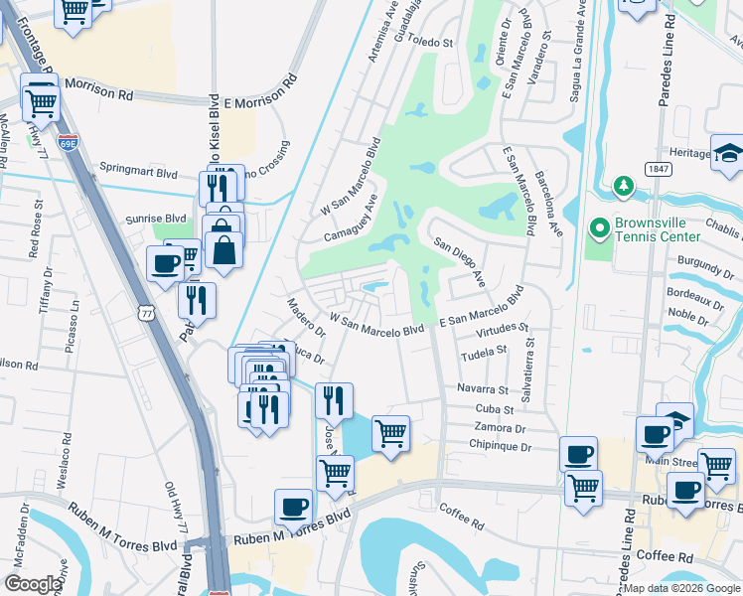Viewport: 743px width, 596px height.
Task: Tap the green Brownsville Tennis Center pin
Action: coord(599,228)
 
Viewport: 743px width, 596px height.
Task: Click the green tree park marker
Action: coord(624,186)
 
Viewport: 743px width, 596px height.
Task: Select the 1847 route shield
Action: coord(658,169)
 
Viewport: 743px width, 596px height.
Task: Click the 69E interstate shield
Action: coord(68,144)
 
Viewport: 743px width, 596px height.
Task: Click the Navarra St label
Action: coord(483,389)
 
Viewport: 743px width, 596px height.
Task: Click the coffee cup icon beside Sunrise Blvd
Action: coord(164,264)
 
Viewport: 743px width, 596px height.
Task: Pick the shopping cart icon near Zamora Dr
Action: coord(390,432)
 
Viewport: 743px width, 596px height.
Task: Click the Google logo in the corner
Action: coord(33,584)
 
